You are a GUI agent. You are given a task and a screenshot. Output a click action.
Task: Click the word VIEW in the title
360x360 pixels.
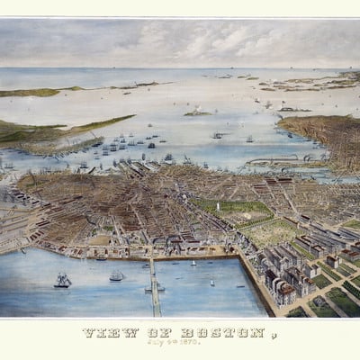[x=102, y=333]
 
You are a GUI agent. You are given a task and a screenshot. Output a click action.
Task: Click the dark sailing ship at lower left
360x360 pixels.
[x=62, y=281]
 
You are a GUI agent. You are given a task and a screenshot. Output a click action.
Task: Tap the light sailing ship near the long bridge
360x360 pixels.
[x=117, y=276]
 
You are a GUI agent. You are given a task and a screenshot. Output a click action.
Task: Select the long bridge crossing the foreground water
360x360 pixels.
[x=154, y=286]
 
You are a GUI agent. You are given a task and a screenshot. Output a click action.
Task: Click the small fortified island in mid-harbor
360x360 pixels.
[x=196, y=112]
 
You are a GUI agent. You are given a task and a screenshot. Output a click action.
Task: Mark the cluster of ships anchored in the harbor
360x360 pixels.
[x=126, y=142]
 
